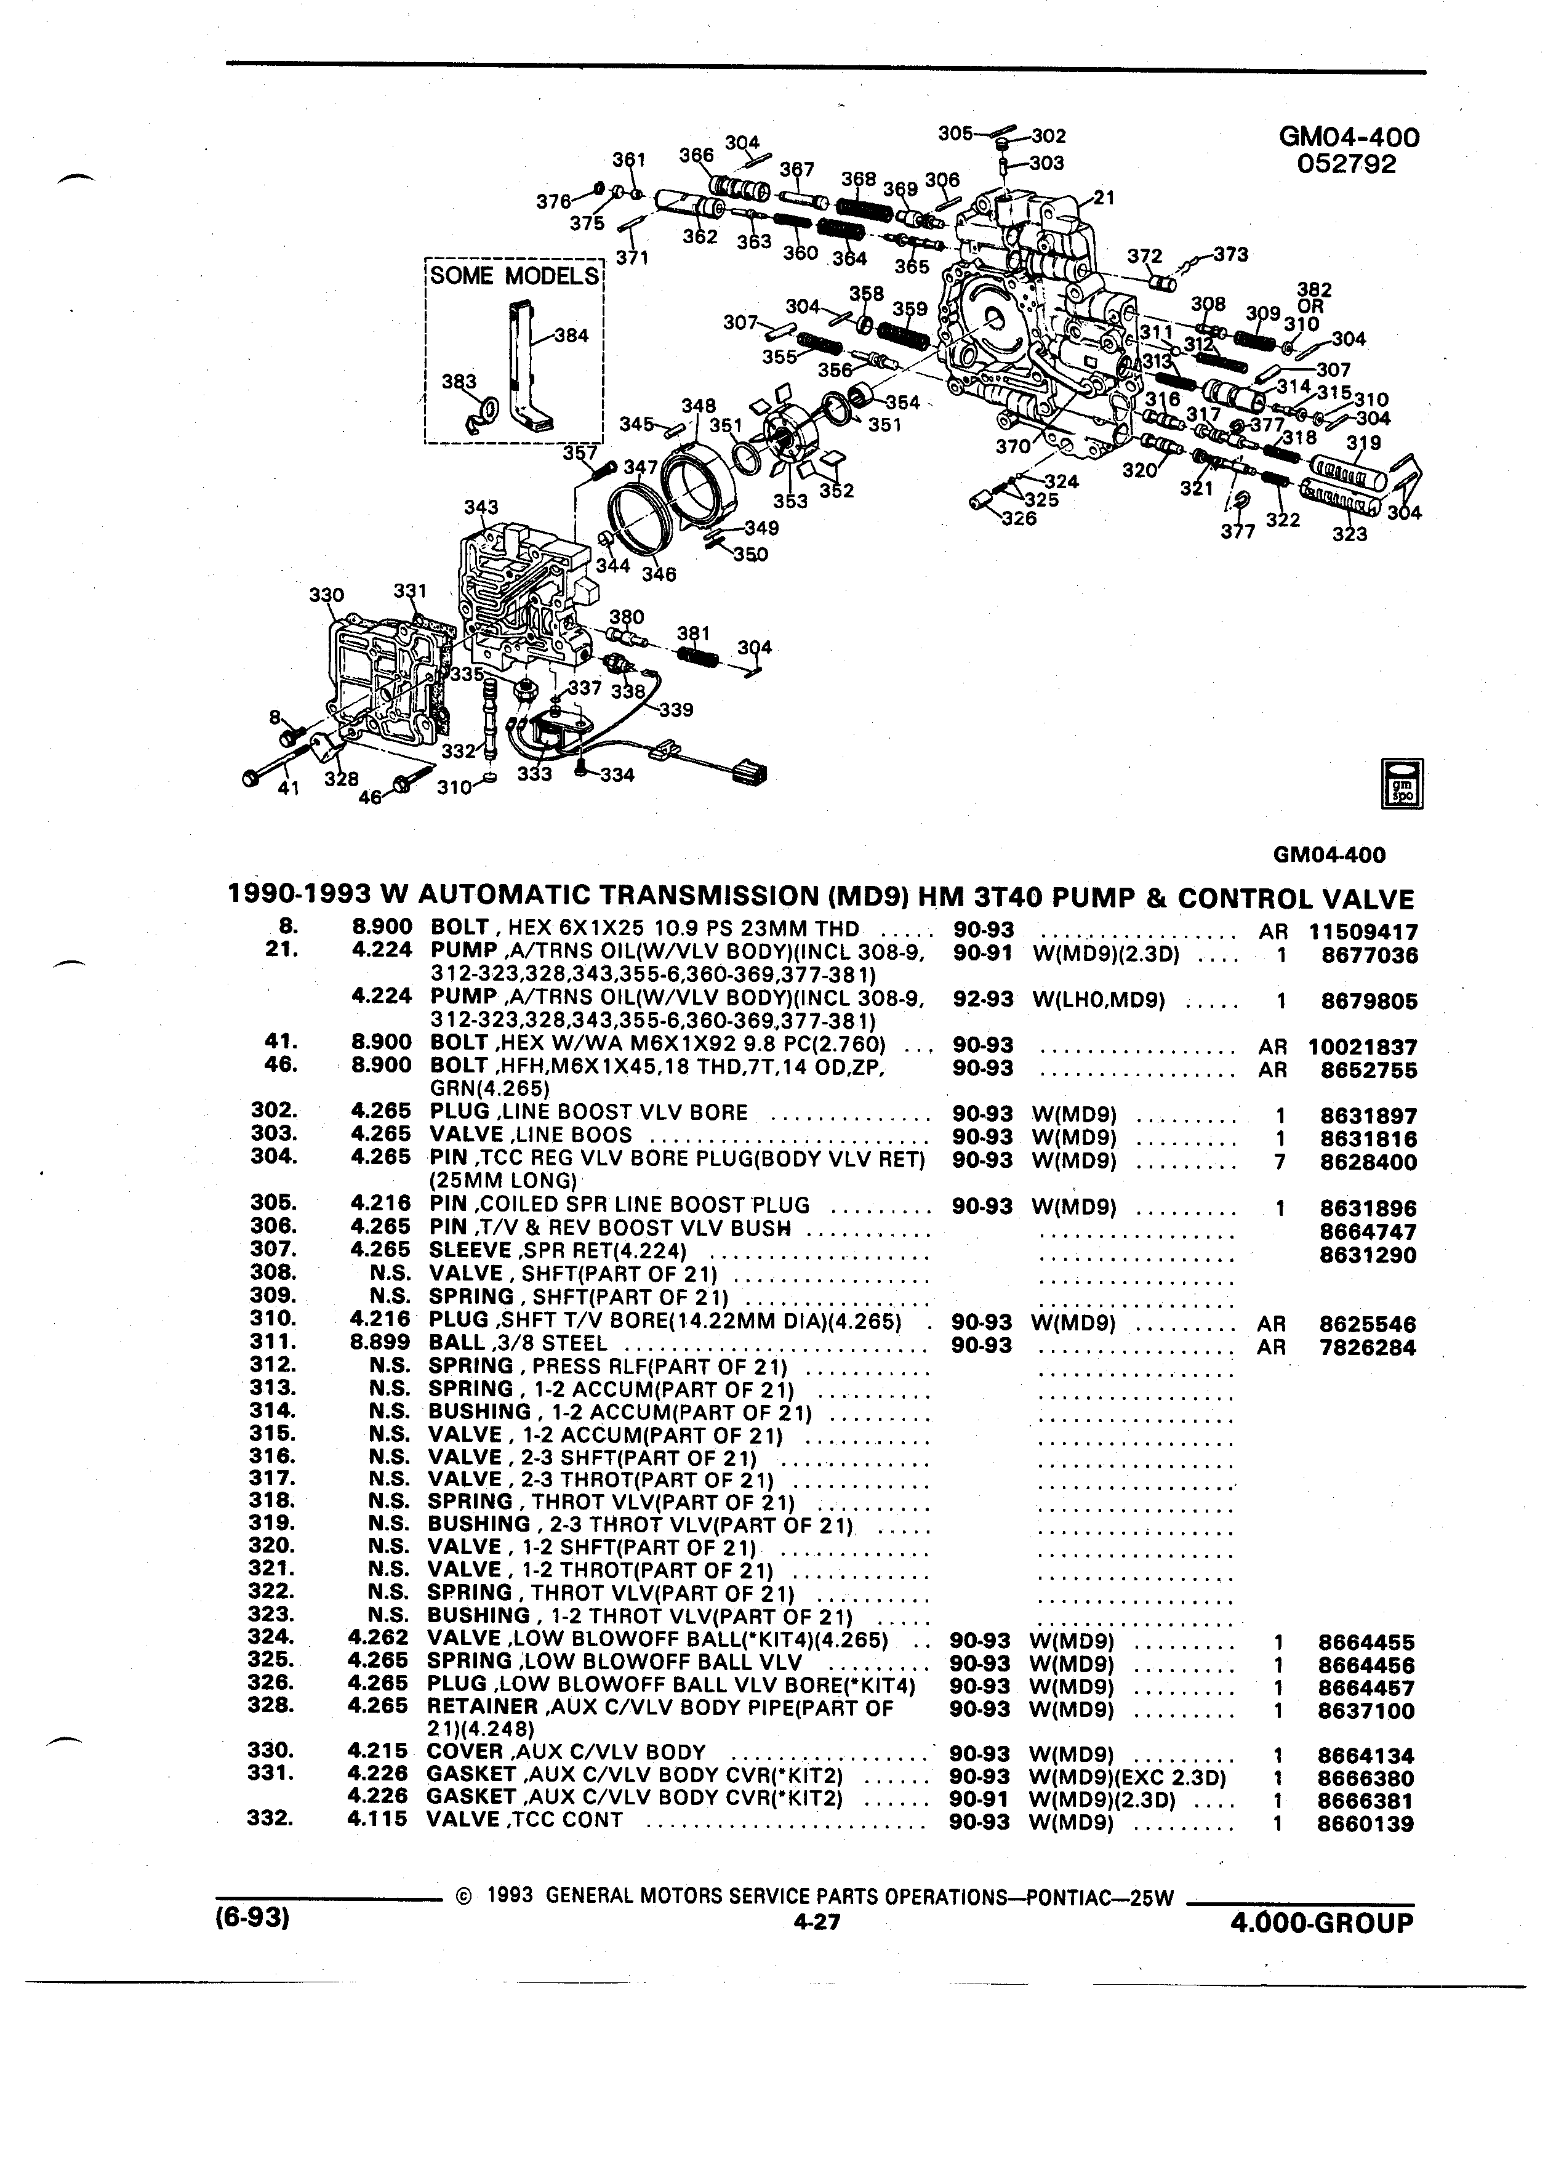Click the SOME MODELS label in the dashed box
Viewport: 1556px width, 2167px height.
(514, 276)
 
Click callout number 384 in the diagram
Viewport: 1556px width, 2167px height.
(572, 336)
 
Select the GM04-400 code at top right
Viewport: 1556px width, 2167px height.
(1349, 137)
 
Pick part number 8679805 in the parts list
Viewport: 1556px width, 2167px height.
(1370, 1002)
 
